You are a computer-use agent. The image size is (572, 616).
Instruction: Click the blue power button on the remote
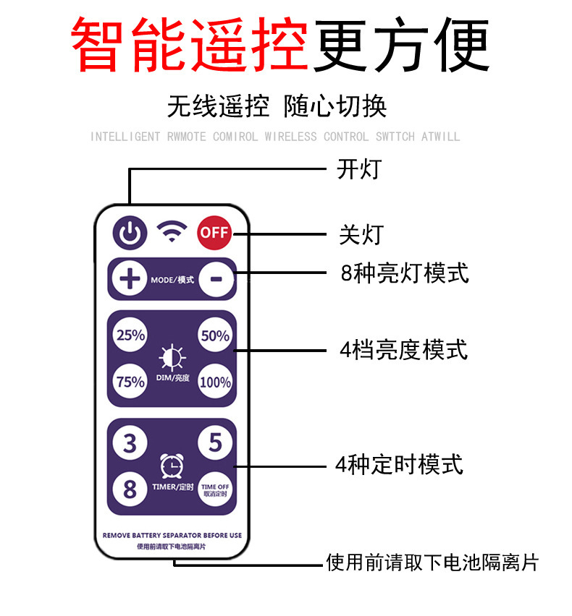129,232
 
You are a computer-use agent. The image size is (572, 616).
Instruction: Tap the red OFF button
214,232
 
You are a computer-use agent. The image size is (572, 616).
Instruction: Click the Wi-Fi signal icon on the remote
172,231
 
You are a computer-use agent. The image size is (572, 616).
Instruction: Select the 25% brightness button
131,335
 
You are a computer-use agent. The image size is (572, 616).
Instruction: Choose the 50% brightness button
215,335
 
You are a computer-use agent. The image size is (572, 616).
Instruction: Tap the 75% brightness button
131,382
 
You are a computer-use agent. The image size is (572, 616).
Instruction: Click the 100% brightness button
215,382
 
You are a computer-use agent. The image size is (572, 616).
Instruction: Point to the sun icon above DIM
172,356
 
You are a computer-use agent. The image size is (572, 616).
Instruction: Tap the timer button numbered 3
130,442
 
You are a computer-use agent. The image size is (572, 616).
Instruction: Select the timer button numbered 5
215,442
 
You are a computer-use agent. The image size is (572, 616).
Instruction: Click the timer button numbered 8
130,489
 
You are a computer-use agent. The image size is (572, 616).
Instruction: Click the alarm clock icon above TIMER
172,465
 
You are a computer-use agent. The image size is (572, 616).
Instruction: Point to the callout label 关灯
361,234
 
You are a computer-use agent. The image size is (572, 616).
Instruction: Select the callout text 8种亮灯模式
404,273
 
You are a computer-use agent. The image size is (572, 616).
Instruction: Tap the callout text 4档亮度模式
403,350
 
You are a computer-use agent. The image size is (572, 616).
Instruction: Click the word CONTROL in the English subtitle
345,137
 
